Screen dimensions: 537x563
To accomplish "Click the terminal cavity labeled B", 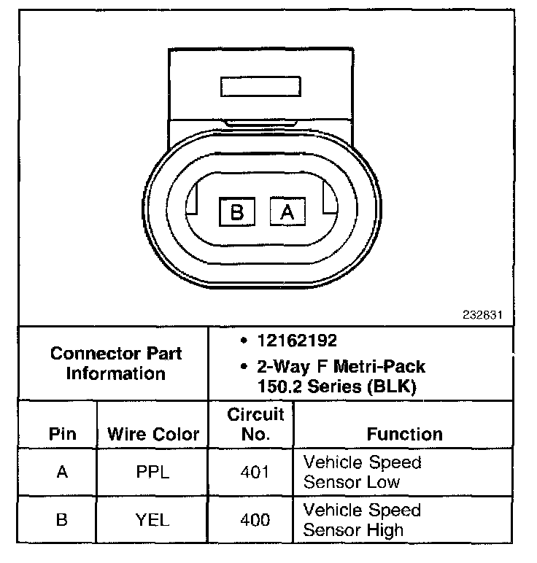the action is [x=236, y=212].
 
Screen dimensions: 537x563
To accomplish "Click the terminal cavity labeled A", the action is [x=287, y=212].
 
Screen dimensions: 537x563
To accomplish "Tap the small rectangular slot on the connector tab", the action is [x=261, y=87].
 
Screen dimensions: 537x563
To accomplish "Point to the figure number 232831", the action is [x=482, y=315].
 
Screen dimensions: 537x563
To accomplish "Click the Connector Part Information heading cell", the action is [x=116, y=363].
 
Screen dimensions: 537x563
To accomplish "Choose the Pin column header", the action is [x=62, y=434].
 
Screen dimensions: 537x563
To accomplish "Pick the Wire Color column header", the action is [x=153, y=434].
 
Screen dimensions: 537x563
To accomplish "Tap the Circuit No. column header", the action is [x=255, y=424].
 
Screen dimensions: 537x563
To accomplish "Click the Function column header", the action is [x=404, y=434].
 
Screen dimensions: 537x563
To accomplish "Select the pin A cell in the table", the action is [x=62, y=472].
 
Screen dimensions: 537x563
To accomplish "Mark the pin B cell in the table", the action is [x=62, y=520].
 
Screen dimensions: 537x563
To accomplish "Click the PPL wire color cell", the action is [x=152, y=472].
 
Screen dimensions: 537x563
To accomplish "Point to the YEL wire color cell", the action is [x=152, y=520].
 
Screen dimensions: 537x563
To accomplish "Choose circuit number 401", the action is [x=255, y=472].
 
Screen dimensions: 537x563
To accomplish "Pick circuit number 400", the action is [x=255, y=520].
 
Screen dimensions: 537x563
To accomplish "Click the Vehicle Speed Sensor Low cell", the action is [x=362, y=472].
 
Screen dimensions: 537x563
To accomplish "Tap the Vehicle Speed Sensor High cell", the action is [x=362, y=519].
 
